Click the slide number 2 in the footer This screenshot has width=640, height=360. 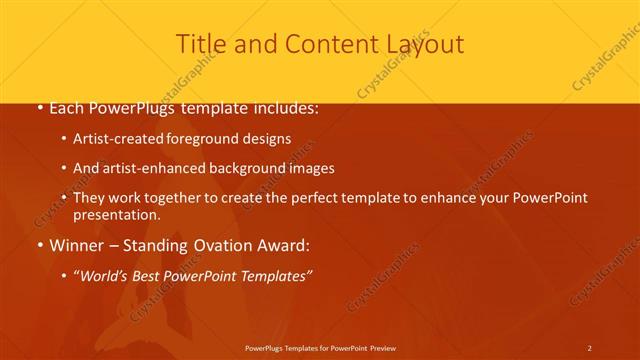[589, 347]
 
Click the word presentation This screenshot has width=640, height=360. [117, 215]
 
